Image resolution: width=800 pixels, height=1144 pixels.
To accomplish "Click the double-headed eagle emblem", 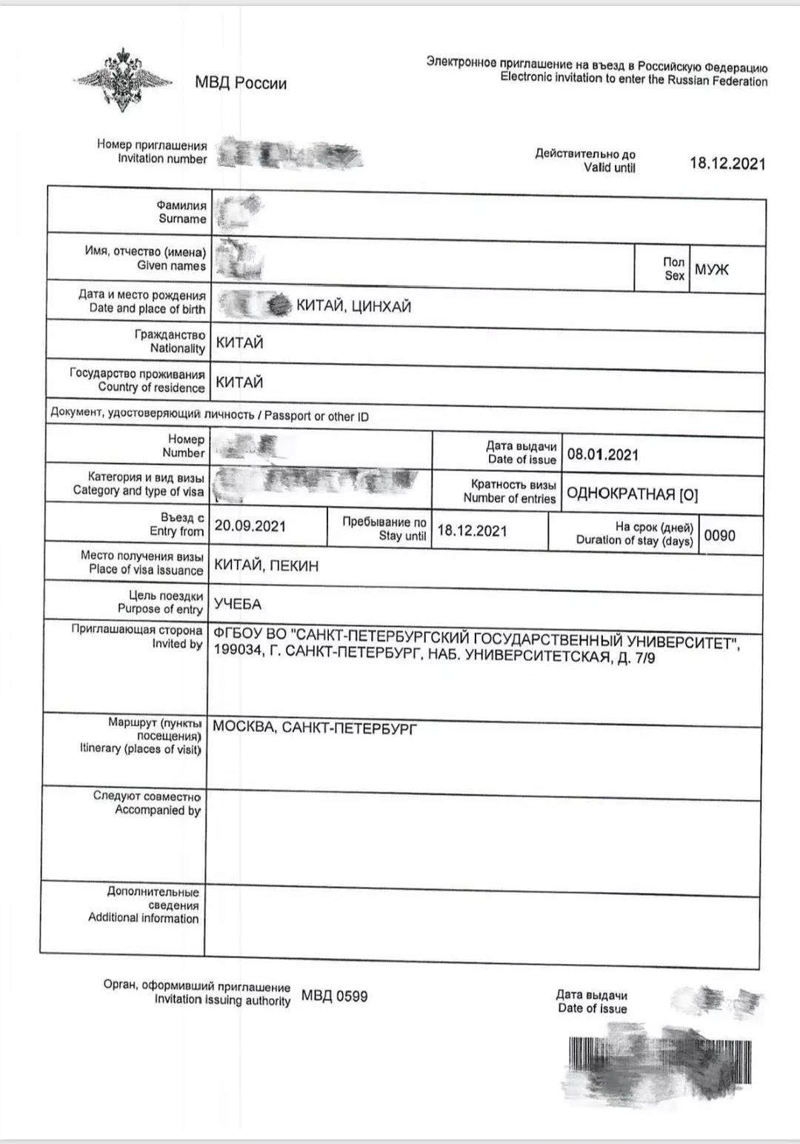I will pos(123,79).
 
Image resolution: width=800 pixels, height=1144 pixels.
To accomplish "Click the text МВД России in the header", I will pos(241,83).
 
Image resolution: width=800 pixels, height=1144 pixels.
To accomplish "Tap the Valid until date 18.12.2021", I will pos(727,164).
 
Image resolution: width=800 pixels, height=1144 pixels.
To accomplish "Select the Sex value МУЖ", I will pos(711,270).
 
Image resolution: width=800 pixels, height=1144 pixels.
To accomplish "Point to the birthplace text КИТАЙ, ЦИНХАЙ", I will pos(353,306).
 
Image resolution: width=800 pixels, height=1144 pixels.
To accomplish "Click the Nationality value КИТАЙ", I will pos(239,343).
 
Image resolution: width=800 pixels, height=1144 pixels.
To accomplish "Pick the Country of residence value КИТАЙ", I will pos(239,382).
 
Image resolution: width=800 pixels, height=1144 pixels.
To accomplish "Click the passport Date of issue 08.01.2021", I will pos(602,454).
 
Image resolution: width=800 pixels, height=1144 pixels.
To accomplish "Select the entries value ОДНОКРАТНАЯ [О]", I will pos(632,494).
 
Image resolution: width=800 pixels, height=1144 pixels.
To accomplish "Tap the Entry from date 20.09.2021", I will pos(250,526).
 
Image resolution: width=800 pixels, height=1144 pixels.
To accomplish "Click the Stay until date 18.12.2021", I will pos(472,531).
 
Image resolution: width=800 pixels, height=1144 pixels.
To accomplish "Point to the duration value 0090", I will pos(719,536).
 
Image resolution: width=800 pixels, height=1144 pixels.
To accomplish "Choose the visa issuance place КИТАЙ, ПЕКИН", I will pos(266,566).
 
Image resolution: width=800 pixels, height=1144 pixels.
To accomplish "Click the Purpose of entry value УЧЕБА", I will pos(237,605).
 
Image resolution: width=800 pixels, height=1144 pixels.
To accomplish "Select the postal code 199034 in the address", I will pos(236,651).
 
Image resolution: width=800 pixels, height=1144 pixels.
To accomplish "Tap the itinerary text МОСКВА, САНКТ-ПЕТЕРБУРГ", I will pos(314,728).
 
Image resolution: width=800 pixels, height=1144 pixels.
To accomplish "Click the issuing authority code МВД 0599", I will pos(334,997).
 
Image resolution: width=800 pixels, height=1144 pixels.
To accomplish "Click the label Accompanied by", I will pos(158,811).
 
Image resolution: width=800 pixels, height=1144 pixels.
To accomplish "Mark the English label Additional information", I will pos(144,918).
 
